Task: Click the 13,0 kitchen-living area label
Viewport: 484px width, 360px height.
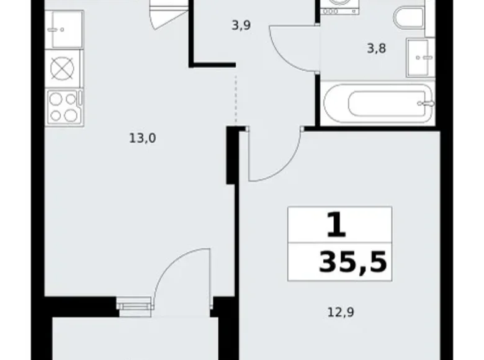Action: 142,138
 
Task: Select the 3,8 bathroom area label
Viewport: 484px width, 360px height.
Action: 377,48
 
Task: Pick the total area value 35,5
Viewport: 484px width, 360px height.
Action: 352,263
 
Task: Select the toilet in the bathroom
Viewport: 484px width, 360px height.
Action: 408,19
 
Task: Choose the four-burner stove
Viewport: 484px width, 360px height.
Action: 64,106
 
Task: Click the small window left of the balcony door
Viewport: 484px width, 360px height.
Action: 134,304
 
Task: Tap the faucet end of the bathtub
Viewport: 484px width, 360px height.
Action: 426,104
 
